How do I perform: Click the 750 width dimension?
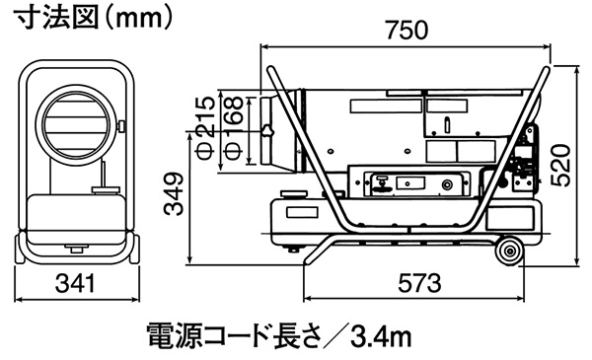point(407,31)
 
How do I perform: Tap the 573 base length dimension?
point(419,283)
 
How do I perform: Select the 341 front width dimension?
point(75,283)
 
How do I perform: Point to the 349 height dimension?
point(174,194)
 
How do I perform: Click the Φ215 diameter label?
point(206,128)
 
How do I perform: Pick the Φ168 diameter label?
point(233,128)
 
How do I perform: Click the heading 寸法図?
point(56,17)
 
